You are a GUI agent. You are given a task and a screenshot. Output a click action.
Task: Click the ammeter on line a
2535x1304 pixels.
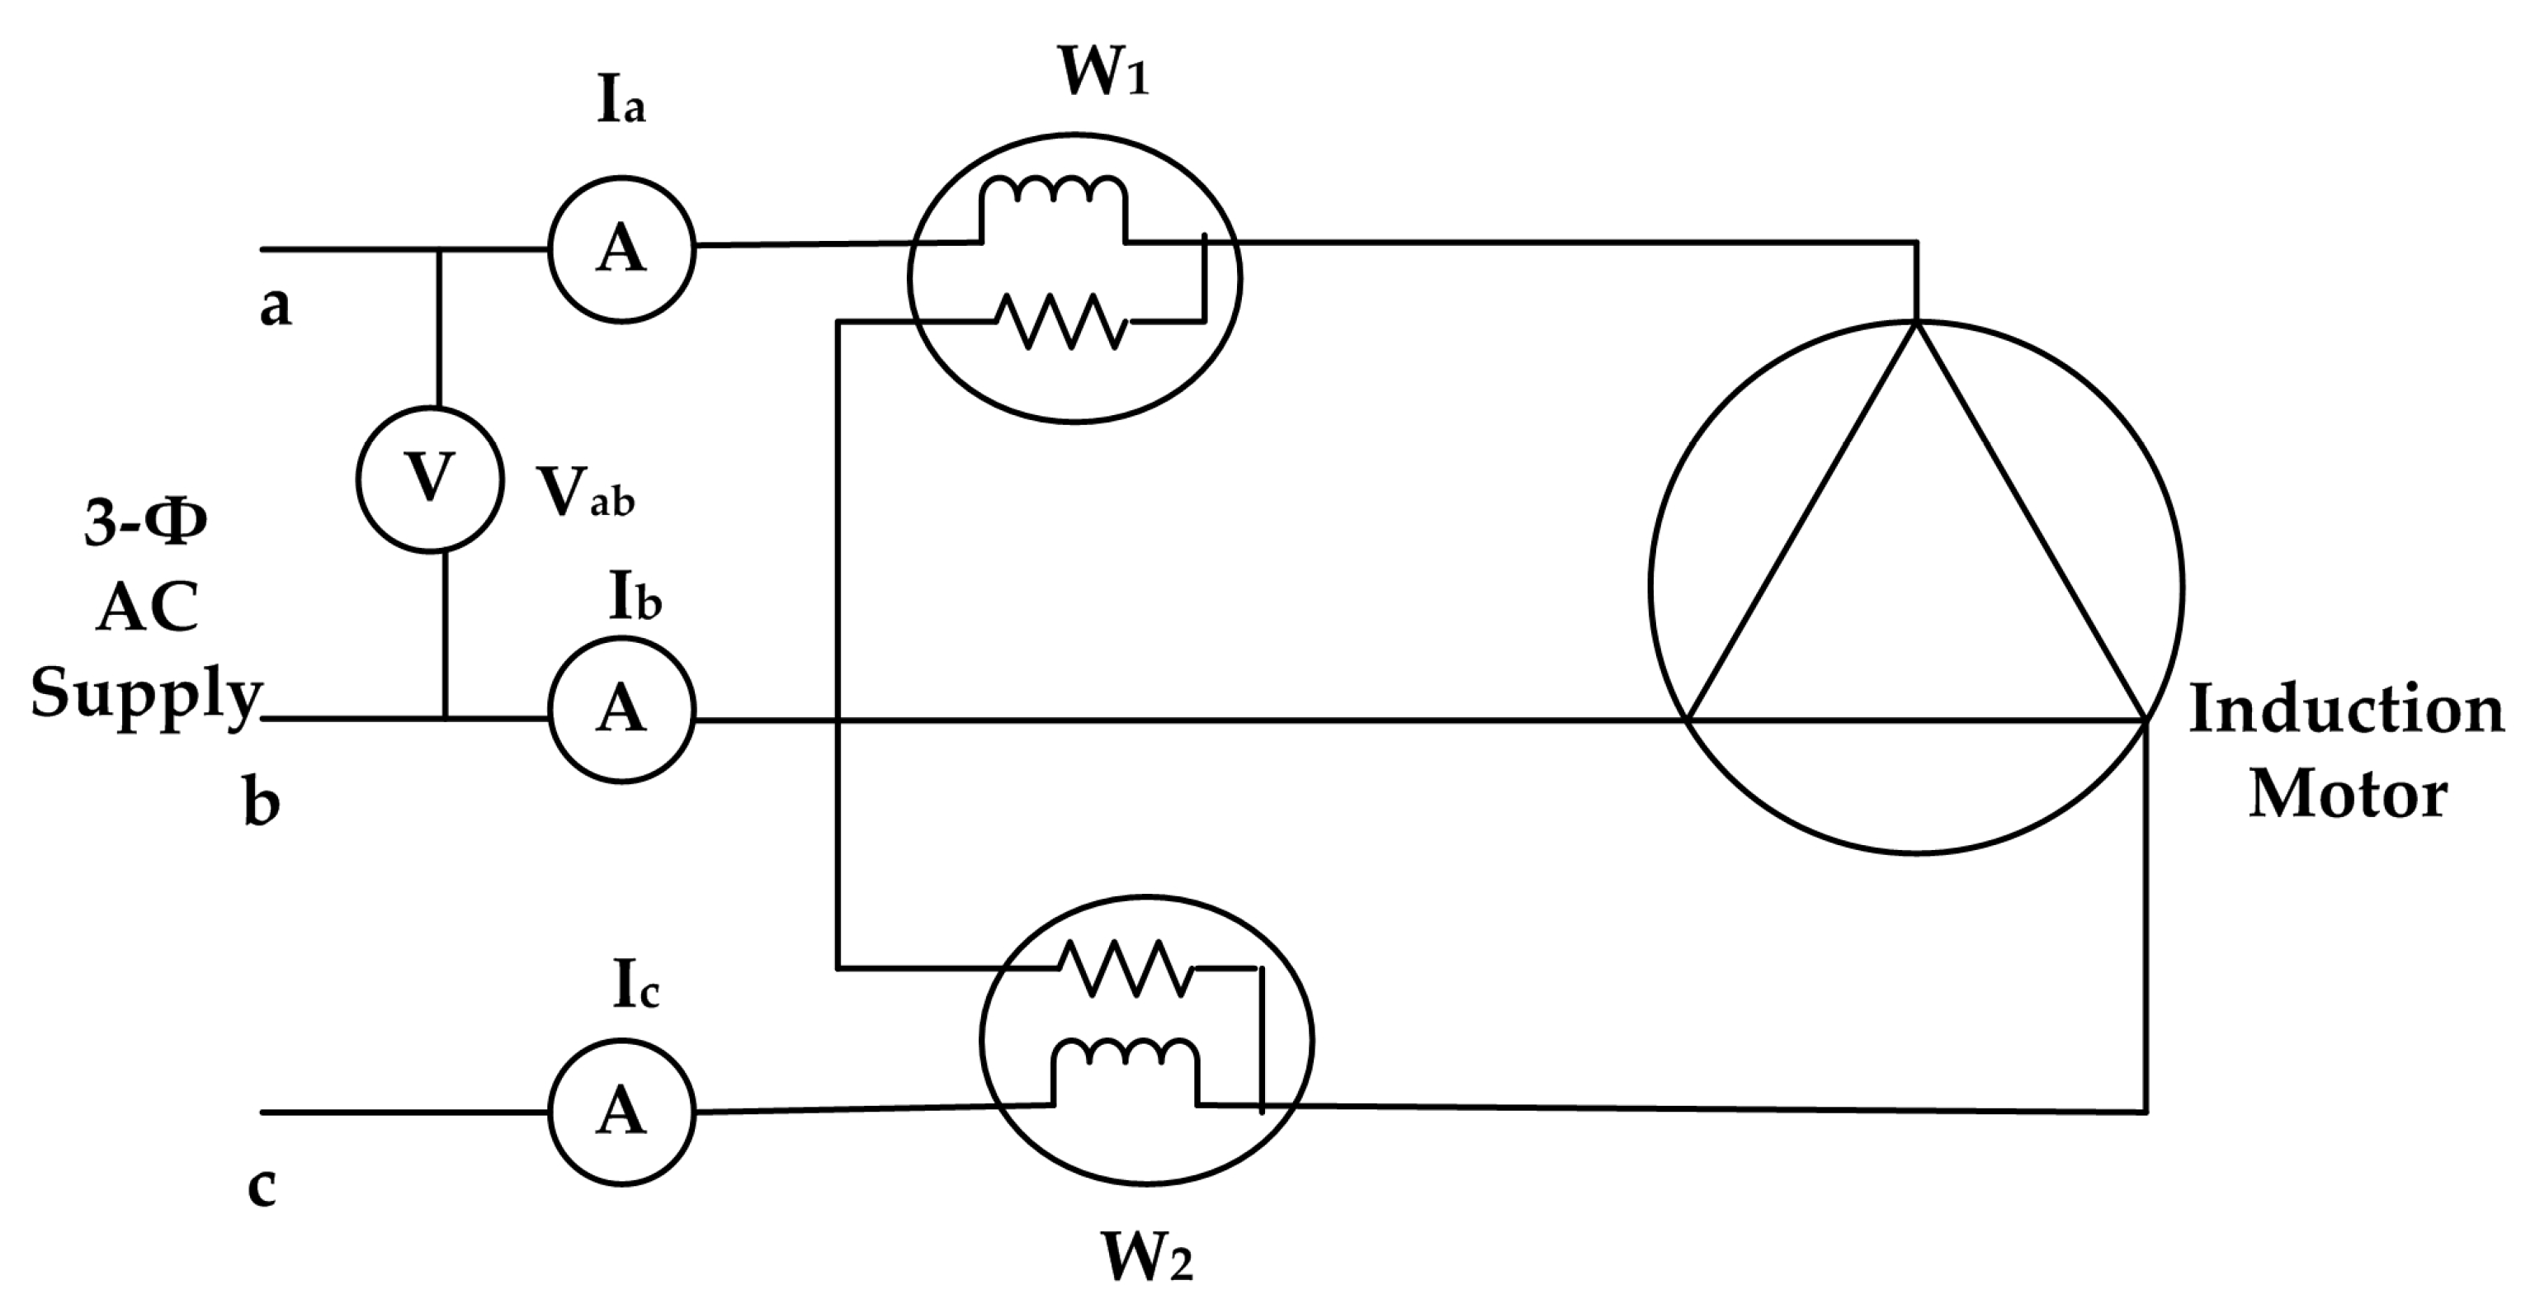tap(622, 250)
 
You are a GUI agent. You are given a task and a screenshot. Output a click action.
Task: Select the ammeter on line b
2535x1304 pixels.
tap(622, 710)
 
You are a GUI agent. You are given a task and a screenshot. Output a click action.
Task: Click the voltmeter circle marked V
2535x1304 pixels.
tap(430, 480)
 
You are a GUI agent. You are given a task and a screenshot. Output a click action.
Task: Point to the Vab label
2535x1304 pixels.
tap(584, 492)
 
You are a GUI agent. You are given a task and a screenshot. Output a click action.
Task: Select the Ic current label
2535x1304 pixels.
tap(635, 984)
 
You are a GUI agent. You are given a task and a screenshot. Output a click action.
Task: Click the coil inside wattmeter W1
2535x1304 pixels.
tap(1054, 192)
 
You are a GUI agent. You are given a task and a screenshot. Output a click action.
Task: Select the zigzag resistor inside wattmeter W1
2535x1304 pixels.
tap(1062, 321)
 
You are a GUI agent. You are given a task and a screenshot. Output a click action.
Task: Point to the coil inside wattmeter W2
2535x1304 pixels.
tap(1126, 1055)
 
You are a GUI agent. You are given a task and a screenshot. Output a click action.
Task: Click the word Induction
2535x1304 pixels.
tap(2346, 710)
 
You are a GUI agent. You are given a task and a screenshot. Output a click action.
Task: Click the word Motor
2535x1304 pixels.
tap(2348, 796)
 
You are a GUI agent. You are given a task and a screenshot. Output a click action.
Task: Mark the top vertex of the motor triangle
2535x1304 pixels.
tap(1916, 323)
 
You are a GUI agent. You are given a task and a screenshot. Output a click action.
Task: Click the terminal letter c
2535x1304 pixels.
tap(261, 1188)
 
